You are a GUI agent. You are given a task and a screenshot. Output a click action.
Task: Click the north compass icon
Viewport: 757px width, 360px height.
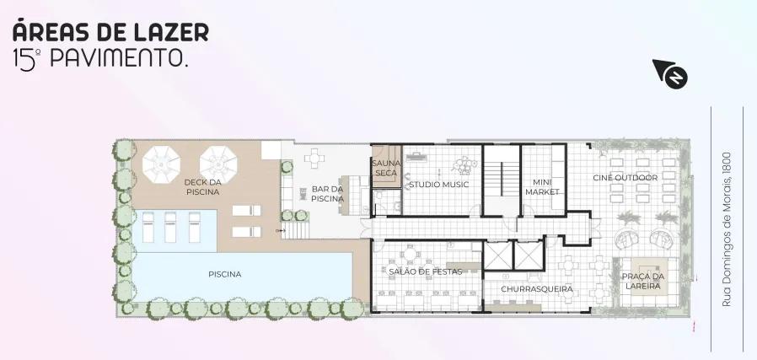pos(670,73)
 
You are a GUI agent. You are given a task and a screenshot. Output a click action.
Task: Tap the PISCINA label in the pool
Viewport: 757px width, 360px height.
pos(225,274)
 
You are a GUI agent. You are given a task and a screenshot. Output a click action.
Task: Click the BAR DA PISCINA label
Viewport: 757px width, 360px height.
pos(327,194)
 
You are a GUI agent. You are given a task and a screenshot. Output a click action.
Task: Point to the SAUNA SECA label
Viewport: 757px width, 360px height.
pos(386,168)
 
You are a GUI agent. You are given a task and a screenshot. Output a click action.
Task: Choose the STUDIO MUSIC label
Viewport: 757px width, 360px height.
pos(439,185)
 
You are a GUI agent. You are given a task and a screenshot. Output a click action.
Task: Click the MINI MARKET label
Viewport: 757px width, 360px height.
pos(542,187)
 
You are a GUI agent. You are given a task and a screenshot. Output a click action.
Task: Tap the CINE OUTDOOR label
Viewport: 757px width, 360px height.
pos(625,178)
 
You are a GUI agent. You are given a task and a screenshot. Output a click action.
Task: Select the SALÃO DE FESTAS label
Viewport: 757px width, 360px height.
pos(426,271)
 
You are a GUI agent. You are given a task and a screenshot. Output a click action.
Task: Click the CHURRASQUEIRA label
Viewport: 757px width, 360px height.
pos(537,289)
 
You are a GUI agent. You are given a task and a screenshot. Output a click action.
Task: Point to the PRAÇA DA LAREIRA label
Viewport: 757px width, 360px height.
pos(643,282)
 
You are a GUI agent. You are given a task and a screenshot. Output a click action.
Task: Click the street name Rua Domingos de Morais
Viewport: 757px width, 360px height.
pos(727,229)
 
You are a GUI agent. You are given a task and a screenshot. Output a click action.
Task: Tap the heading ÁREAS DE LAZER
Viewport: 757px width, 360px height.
pos(110,31)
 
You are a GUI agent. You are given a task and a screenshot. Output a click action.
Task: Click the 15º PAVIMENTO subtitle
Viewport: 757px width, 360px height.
pos(100,59)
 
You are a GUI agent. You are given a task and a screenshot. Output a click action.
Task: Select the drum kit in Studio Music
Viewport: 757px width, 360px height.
pos(464,165)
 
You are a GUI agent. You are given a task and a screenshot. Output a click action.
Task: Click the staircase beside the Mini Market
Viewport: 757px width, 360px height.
pos(502,179)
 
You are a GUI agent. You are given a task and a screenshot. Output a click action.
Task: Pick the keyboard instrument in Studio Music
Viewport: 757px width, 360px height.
pos(416,156)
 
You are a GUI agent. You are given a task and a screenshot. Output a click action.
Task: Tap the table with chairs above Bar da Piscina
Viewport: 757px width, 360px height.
pos(314,159)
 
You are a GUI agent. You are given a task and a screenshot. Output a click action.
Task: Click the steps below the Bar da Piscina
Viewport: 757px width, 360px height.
pos(294,230)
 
